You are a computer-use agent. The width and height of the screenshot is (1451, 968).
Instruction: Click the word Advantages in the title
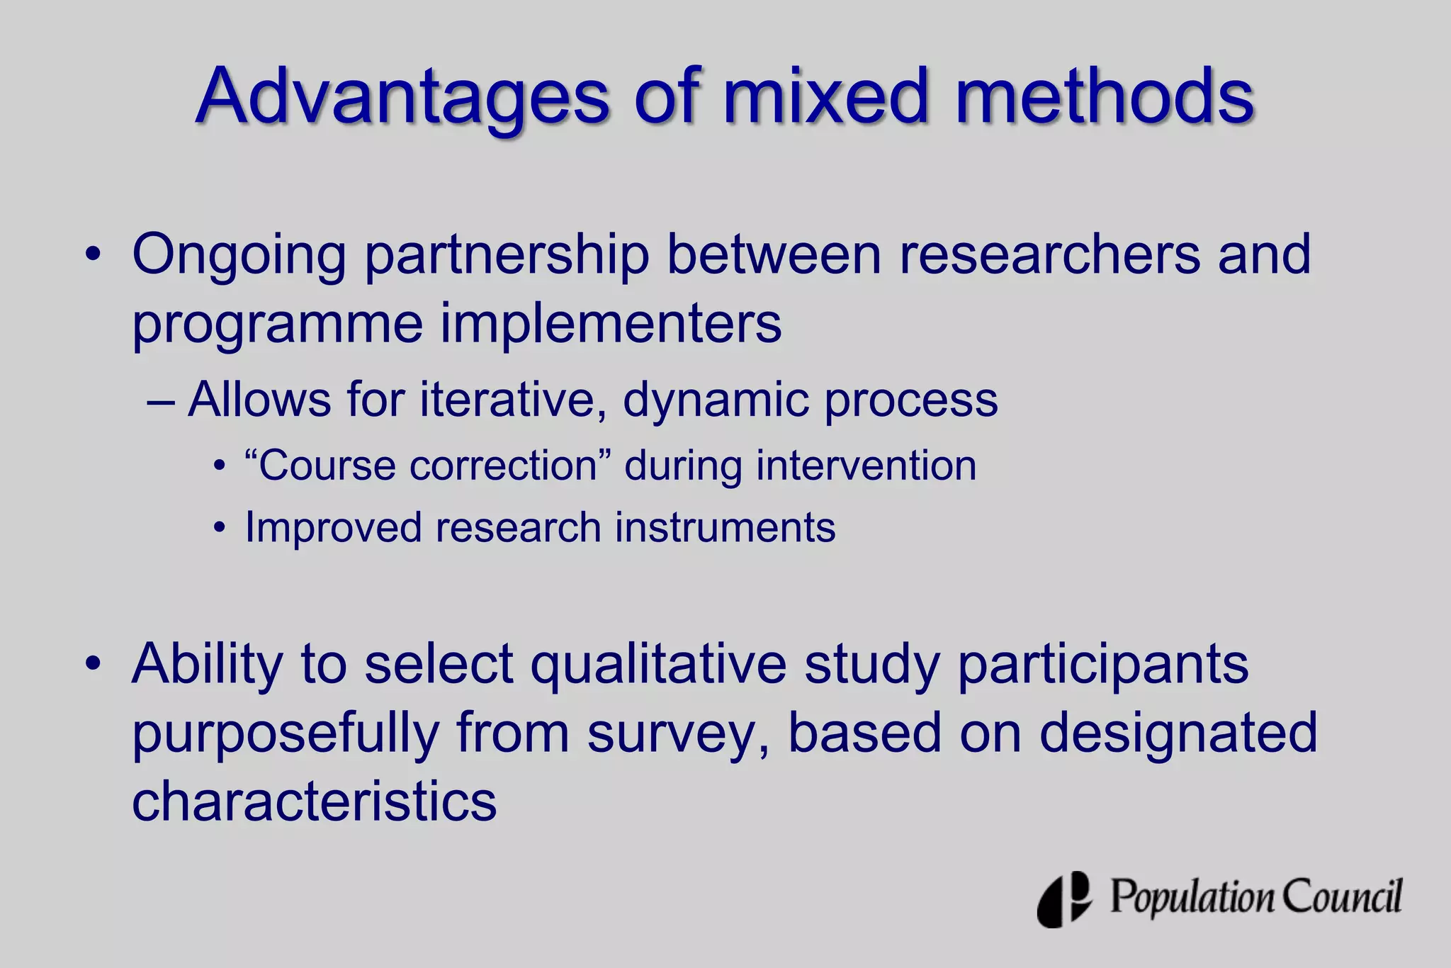(402, 97)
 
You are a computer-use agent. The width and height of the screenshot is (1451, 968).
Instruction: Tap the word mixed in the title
(825, 97)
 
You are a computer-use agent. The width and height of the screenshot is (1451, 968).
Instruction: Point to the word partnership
(507, 255)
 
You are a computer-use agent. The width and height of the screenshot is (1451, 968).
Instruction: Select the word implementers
(611, 324)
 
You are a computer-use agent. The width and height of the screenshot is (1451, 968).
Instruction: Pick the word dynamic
(715, 401)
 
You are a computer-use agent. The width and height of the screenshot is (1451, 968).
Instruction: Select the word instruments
(725, 528)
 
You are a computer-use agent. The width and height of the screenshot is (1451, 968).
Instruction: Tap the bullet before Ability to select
(93, 665)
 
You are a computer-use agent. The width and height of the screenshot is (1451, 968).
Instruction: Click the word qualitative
(658, 665)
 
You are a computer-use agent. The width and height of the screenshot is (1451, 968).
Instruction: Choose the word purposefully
(286, 734)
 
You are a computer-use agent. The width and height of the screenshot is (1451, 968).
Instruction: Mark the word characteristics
(315, 801)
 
